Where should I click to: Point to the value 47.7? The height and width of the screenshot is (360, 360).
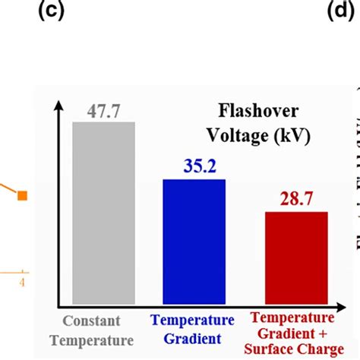click(103, 111)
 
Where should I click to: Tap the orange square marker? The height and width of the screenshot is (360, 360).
click(22, 196)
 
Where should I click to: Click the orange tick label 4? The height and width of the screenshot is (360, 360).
click(22, 283)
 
